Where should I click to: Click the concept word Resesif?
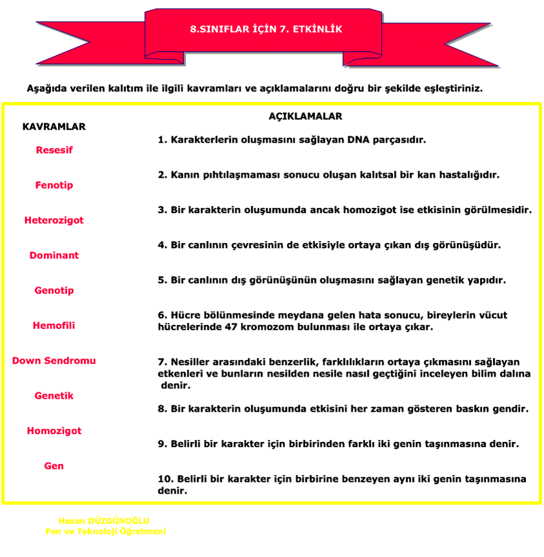click(x=54, y=150)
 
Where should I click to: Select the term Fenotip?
click(x=54, y=185)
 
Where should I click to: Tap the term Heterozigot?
click(x=54, y=220)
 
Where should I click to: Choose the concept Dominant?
click(x=54, y=255)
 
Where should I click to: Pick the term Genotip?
click(x=54, y=291)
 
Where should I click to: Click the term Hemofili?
click(x=54, y=326)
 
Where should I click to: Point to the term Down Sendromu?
click(x=54, y=361)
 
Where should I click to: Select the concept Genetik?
click(x=54, y=395)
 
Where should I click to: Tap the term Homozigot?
click(x=54, y=431)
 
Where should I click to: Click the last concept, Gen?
click(x=54, y=466)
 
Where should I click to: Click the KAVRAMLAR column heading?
click(x=54, y=127)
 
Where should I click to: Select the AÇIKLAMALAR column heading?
click(x=305, y=117)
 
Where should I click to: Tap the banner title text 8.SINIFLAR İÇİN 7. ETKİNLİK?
click(x=266, y=30)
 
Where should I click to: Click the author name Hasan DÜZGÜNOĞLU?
click(x=104, y=521)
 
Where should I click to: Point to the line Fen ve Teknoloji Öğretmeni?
click(x=105, y=532)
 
